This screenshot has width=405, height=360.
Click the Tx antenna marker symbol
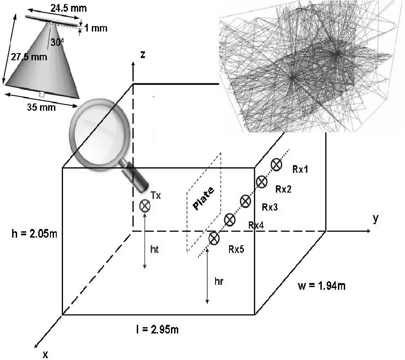pyautogui.click(x=145, y=206)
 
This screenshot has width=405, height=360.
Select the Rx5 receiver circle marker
pyautogui.click(x=214, y=238)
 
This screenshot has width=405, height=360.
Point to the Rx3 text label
pyautogui.click(x=270, y=207)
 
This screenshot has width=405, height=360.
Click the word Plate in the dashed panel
pyautogui.click(x=204, y=198)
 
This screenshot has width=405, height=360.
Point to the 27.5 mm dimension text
pyautogui.click(x=26, y=57)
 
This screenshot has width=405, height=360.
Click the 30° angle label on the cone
pyautogui.click(x=57, y=42)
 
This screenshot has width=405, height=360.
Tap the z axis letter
pyautogui.click(x=142, y=54)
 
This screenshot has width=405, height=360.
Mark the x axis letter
pyautogui.click(x=45, y=355)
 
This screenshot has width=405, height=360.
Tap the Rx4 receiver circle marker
pyautogui.click(x=229, y=220)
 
